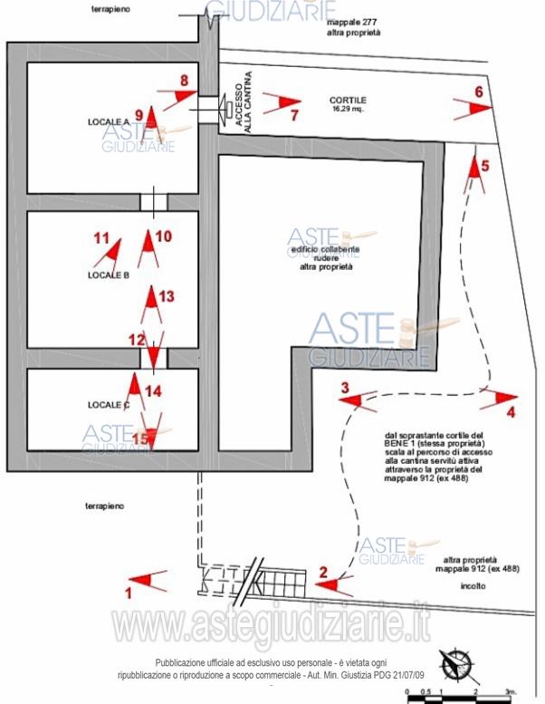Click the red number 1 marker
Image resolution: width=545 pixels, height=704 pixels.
tap(128, 593)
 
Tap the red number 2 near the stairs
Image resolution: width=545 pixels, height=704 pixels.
tap(322, 571)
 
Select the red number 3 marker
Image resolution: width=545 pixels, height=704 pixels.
tap(345, 388)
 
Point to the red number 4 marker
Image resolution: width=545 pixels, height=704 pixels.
tap(511, 412)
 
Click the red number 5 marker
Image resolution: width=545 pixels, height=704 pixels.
tap(484, 166)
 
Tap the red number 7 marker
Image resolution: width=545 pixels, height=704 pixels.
tap(293, 115)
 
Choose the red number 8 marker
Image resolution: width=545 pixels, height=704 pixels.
tap(184, 80)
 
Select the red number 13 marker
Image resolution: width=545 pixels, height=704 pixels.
tap(165, 295)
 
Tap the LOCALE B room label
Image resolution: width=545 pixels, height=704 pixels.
tap(109, 275)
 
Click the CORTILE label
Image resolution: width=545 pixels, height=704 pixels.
tap(348, 100)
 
